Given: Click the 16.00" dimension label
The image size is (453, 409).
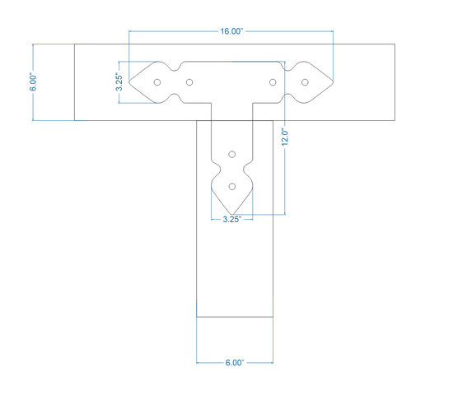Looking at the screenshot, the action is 232,31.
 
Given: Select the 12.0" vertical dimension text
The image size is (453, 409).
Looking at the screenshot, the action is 285,137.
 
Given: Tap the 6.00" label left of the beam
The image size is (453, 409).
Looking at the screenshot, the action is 33,83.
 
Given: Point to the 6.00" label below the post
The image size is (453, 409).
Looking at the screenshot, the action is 235,363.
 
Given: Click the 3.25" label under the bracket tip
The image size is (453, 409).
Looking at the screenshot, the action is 232,220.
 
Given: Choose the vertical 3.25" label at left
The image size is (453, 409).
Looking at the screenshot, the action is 119,81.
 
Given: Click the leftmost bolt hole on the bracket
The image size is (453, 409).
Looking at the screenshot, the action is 157,82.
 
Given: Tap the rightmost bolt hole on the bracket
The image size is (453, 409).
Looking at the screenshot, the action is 305,82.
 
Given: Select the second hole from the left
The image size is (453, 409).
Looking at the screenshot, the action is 189,82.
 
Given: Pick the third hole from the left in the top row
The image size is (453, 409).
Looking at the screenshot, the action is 273,82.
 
